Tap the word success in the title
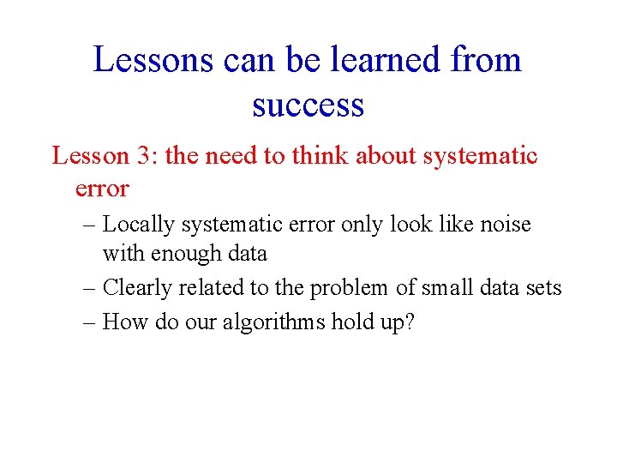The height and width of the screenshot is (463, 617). click(x=308, y=105)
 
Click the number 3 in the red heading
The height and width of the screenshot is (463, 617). click(x=143, y=156)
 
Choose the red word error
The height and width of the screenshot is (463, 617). click(x=102, y=189)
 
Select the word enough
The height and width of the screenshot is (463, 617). click(x=182, y=254)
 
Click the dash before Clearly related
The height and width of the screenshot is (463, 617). click(x=91, y=288)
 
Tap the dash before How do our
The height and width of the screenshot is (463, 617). click(x=91, y=322)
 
